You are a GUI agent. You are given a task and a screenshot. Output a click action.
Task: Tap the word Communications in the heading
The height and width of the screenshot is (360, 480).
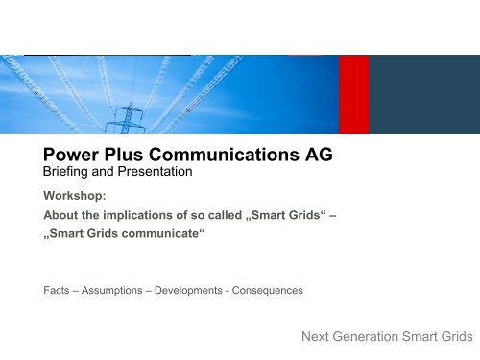(x=227, y=153)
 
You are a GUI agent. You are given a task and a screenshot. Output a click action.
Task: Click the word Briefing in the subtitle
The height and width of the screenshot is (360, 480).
(x=69, y=173)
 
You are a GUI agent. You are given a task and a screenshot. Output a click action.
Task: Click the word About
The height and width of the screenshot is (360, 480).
(x=61, y=216)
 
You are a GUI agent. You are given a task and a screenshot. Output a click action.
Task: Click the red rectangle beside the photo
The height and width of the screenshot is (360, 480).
(x=353, y=95)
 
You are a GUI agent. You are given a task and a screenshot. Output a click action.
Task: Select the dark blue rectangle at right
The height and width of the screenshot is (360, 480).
(x=423, y=95)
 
